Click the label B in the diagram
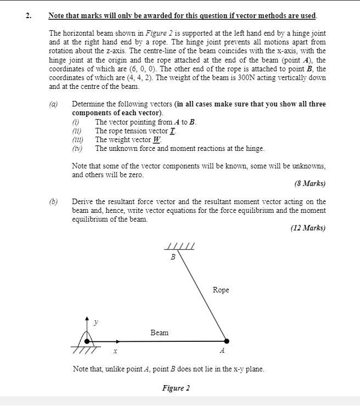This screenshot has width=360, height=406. (x=173, y=257)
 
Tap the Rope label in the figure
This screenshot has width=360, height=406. (x=221, y=290)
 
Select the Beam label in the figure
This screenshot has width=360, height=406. (x=159, y=332)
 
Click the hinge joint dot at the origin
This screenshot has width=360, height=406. (x=87, y=341)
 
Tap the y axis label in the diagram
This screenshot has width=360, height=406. (x=96, y=323)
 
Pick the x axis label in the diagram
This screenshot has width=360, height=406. (x=115, y=352)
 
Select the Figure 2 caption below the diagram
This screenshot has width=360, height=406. (x=176, y=388)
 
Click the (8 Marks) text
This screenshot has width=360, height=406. (x=310, y=183)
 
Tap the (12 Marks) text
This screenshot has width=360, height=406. (x=308, y=228)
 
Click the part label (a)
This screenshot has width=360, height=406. (x=54, y=104)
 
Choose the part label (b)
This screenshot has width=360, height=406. (x=54, y=201)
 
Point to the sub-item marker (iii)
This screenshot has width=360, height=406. (x=78, y=139)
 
